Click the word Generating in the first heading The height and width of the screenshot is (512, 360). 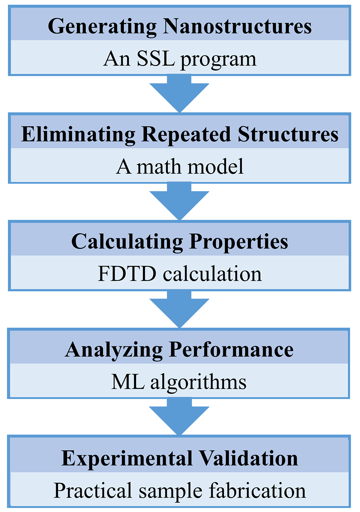tap(102, 27)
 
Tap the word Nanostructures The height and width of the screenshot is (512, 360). tap(237, 26)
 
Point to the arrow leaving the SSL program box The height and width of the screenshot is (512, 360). tap(179, 94)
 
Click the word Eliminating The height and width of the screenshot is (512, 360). tap(78, 135)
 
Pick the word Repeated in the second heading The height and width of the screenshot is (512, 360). tap(186, 135)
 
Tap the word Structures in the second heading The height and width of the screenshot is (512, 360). tap(288, 134)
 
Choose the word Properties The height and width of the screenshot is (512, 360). tap(239, 243)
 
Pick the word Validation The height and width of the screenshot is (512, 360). tap(248, 458)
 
